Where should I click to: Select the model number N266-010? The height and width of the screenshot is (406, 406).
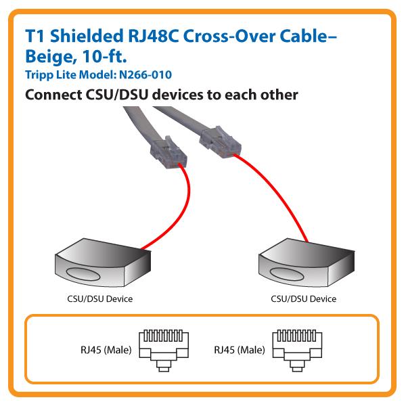(120, 74)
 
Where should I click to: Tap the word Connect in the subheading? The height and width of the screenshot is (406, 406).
(52, 95)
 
